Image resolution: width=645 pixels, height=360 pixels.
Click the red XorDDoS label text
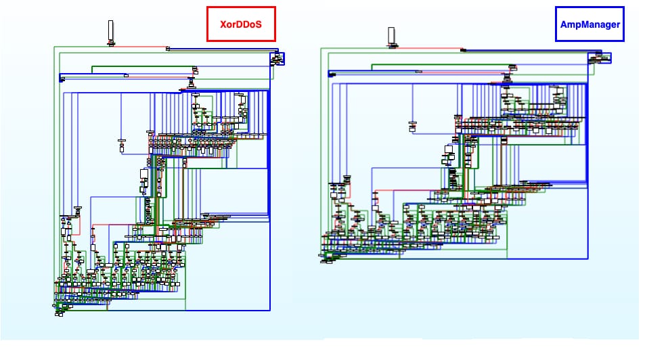241,24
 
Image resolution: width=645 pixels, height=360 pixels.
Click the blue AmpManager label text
590,24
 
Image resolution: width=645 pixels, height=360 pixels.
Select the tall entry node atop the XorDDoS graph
110,30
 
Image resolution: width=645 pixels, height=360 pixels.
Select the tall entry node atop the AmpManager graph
391,35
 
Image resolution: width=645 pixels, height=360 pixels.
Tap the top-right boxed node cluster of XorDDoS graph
277,58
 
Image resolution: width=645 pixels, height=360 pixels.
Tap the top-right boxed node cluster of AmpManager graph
600,58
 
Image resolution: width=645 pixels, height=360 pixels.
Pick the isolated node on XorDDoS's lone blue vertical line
121,146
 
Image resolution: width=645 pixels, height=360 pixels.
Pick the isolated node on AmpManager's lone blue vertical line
412,127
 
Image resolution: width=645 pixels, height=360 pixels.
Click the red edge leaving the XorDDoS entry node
140,47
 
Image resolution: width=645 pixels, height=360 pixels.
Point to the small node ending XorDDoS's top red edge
168,49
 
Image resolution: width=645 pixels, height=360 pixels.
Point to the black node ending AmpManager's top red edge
463,50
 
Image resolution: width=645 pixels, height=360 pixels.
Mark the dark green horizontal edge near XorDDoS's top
143,66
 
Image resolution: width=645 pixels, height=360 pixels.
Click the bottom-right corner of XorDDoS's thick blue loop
270,310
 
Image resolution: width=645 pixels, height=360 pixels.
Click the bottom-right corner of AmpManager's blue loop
588,258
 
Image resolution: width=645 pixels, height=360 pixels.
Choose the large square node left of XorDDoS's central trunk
144,174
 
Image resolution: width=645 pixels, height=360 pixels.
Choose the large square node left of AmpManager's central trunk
449,150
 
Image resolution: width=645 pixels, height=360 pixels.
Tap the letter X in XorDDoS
223,24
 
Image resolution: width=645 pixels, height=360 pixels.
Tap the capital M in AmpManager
583,24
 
